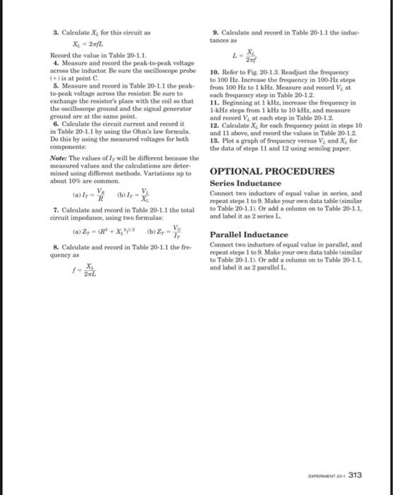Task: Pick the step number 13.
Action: click(x=214, y=139)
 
